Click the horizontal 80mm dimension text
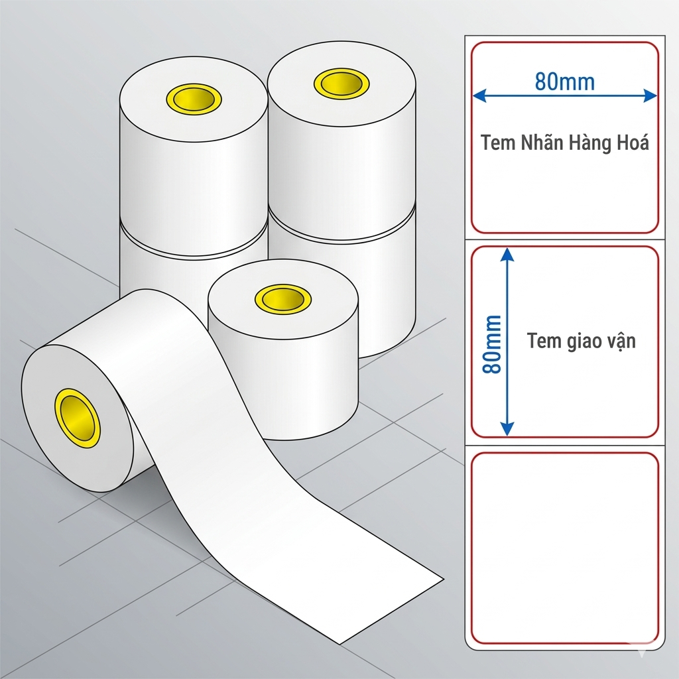[565, 82]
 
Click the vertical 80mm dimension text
[492, 344]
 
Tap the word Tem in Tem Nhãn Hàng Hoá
[497, 143]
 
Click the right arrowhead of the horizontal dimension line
[650, 95]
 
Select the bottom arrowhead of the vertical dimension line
[507, 429]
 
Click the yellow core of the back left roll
[194, 99]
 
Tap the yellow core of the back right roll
[341, 83]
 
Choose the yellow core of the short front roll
[282, 299]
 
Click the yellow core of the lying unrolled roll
[77, 418]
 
